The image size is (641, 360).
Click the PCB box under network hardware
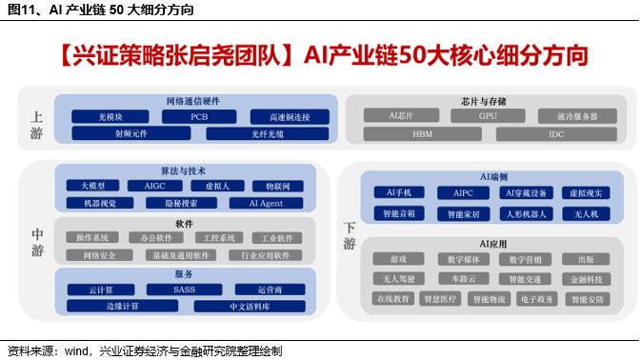tap(198, 117)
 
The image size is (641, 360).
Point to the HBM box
tap(422, 134)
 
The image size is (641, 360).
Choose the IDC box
tap(556, 134)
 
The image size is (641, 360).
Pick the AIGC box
tap(155, 186)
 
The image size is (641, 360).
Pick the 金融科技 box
tap(579, 280)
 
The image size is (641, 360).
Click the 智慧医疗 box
tap(445, 299)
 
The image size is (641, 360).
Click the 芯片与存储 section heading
tap(485, 100)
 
